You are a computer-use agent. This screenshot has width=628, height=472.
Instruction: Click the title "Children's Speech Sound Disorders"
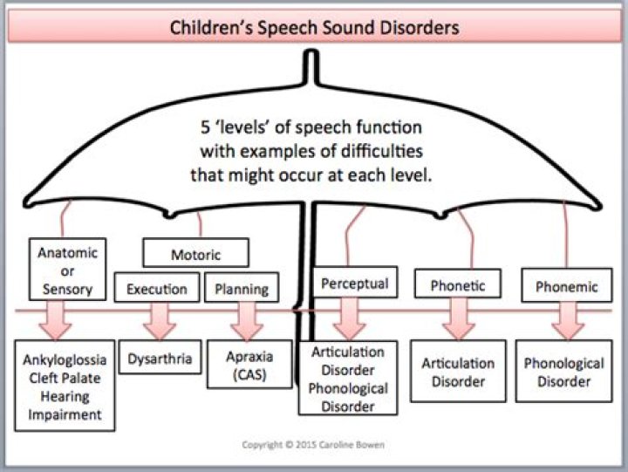pos(314,28)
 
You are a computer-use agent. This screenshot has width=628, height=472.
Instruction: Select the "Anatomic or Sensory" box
pos(68,270)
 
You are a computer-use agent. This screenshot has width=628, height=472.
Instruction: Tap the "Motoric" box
pos(196,253)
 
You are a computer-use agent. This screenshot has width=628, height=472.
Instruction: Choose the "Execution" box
pos(157,288)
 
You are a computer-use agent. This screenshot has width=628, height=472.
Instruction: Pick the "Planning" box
pos(242,288)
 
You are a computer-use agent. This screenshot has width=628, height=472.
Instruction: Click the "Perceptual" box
pos(354,283)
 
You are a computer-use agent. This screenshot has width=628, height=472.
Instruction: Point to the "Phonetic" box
pos(458,284)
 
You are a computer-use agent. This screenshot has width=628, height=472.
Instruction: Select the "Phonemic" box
pos(567,285)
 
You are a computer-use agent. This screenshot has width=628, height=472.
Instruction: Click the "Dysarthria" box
pos(160,357)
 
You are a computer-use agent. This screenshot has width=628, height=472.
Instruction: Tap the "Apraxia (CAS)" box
pos(249,364)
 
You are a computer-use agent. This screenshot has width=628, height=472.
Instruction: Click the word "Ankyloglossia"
pos(65,359)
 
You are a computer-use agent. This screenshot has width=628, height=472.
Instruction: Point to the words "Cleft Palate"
pos(65,378)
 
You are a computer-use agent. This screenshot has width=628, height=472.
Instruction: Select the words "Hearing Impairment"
pos(65,405)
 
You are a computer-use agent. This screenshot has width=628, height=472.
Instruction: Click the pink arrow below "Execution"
pos(160,321)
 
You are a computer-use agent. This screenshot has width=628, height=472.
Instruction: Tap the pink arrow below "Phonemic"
pos(568,321)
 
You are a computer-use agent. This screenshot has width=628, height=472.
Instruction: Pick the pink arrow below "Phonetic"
pos(459,319)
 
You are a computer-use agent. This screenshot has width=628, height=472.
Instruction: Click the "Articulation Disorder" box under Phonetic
pos(458,371)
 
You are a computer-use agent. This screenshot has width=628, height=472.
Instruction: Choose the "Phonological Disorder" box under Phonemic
pos(564,371)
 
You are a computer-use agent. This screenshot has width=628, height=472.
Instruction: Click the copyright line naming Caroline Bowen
pos(313,445)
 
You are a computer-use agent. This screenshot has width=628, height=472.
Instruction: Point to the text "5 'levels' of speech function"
pos(311,127)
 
